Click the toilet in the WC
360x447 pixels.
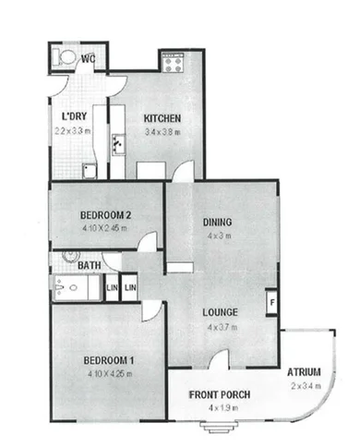pyautogui.click(x=66, y=57)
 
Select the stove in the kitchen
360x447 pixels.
pyautogui.click(x=173, y=62)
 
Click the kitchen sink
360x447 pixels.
pyautogui.click(x=118, y=145)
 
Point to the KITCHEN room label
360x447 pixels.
pyautogui.click(x=162, y=118)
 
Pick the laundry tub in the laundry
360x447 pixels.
pyautogui.click(x=89, y=170)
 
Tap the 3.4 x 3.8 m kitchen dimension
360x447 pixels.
pyautogui.click(x=162, y=132)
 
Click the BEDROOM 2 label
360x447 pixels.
pyautogui.click(x=103, y=215)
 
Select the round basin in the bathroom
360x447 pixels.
pyautogui.click(x=70, y=256)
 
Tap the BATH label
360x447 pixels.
pyautogui.click(x=90, y=266)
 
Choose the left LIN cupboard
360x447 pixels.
pyautogui.click(x=111, y=288)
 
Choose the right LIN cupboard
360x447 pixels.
pyautogui.click(x=130, y=288)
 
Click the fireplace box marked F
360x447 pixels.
pyautogui.click(x=271, y=301)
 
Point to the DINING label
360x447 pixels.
pyautogui.click(x=217, y=222)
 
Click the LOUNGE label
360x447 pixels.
pyautogui.click(x=222, y=311)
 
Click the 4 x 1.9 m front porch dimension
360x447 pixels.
pyautogui.click(x=219, y=408)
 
